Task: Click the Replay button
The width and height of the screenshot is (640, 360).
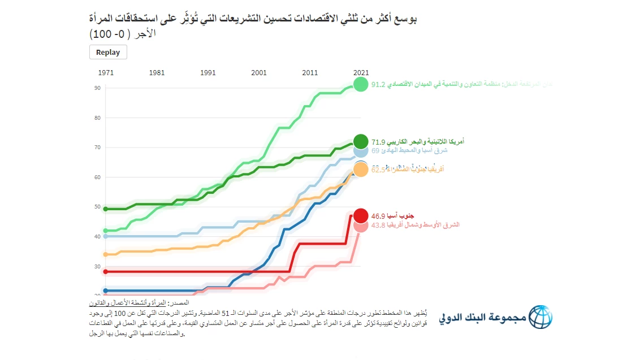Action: [108, 52]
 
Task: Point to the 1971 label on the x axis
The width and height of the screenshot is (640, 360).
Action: [105, 73]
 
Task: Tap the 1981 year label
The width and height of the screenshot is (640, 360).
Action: [157, 73]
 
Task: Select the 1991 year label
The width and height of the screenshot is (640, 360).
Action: [208, 73]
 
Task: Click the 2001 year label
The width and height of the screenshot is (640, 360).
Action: [259, 73]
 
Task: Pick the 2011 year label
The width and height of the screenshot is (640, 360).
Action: [310, 73]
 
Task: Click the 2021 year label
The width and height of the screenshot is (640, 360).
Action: [361, 73]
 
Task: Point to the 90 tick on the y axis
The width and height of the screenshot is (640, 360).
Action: [97, 88]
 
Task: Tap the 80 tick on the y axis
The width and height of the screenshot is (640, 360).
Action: [97, 118]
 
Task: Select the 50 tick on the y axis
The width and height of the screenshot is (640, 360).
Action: [97, 207]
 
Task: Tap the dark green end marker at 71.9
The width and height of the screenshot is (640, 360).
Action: [361, 141]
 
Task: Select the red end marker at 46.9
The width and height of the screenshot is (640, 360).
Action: [361, 215]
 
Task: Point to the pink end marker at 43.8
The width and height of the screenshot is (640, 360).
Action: [361, 225]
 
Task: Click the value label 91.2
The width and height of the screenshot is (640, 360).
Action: [378, 85]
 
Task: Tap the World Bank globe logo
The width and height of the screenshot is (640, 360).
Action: [540, 318]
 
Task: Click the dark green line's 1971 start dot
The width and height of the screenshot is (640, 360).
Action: [105, 209]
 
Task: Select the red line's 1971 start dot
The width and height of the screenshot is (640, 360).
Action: [105, 271]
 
